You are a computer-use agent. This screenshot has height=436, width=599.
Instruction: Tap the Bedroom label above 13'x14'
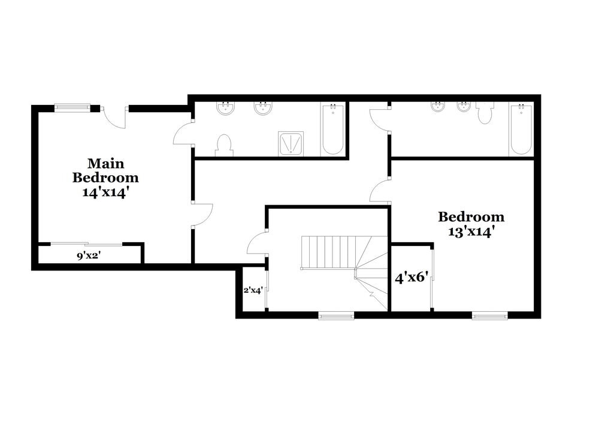coord(471,217)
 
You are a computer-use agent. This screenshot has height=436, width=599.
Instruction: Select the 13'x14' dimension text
coord(471,231)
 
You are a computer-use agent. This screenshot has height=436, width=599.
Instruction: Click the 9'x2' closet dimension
coord(88,255)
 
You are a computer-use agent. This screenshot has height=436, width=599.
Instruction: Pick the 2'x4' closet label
coord(253,290)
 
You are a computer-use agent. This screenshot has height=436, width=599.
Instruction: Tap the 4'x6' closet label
coord(411,278)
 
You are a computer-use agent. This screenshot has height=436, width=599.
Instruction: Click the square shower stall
coord(291,144)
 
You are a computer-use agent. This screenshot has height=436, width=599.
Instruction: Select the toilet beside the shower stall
coord(223,145)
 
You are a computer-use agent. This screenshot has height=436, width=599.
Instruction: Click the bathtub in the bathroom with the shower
coord(333,129)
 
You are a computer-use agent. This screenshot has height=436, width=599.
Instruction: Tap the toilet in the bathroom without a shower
coord(485,113)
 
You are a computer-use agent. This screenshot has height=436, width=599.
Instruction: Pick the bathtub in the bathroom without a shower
coord(521,129)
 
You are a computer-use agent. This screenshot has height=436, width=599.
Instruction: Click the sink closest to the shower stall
coord(263,109)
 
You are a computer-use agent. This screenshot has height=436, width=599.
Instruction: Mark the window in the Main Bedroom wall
coord(72,108)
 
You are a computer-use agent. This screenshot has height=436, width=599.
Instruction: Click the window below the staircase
coord(336,315)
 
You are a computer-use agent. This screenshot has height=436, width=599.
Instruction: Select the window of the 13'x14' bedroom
coord(489,315)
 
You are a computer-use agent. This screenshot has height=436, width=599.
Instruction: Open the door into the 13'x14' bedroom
coord(380,192)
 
